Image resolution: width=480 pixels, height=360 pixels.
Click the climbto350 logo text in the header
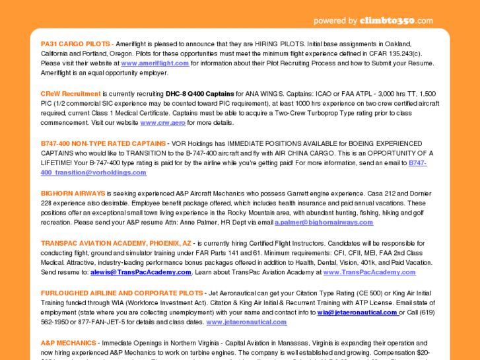coord(396,20)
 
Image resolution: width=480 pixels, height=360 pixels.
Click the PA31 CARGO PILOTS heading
coord(75,44)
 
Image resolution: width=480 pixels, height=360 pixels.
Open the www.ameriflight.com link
coord(155,63)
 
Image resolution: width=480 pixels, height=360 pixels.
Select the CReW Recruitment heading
coord(71,94)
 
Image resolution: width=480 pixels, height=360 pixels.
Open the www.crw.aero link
coord(162,123)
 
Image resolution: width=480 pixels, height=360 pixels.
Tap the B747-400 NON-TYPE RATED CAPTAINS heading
coord(103,143)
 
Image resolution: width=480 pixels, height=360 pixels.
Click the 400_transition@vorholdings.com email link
coord(94,172)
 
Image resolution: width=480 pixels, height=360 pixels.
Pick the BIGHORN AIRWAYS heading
coord(73,194)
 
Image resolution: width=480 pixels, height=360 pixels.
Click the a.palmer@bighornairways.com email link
coord(324,223)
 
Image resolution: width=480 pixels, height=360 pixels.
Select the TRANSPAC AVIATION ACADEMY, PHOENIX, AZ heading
coord(116,243)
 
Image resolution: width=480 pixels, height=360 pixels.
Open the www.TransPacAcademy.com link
coord(369,272)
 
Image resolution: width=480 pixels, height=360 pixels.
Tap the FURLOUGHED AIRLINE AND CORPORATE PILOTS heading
coord(121,293)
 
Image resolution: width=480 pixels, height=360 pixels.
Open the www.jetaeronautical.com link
coord(246,322)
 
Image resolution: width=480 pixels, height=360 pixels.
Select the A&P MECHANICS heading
coord(68,343)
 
